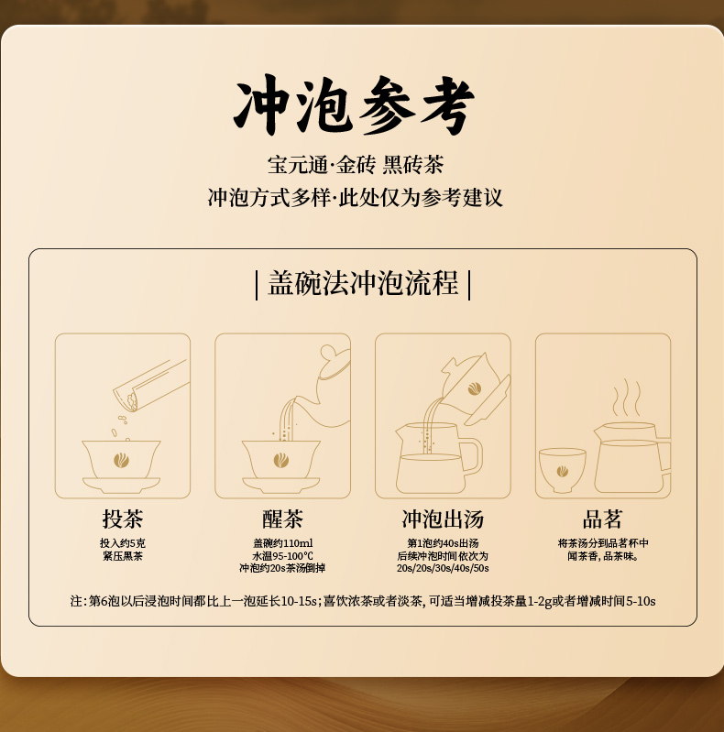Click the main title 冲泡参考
tap(354, 105)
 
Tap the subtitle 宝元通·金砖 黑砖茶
tap(356, 165)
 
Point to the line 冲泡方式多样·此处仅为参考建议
tap(356, 198)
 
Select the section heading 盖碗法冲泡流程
tap(363, 283)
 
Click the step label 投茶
tap(123, 519)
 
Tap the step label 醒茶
tap(282, 519)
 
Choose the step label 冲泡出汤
tap(443, 519)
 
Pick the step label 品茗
tap(602, 519)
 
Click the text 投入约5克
tap(123, 543)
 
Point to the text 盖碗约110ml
tap(282, 543)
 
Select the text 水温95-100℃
tap(282, 556)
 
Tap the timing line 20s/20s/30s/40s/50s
tap(443, 568)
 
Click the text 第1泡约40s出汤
tap(443, 543)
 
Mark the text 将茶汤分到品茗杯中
tap(602, 543)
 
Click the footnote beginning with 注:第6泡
tap(363, 601)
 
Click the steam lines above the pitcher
tap(626, 398)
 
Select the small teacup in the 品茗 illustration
tap(562, 470)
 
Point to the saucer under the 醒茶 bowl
tap(280, 485)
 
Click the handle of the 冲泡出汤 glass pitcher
tap(472, 455)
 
